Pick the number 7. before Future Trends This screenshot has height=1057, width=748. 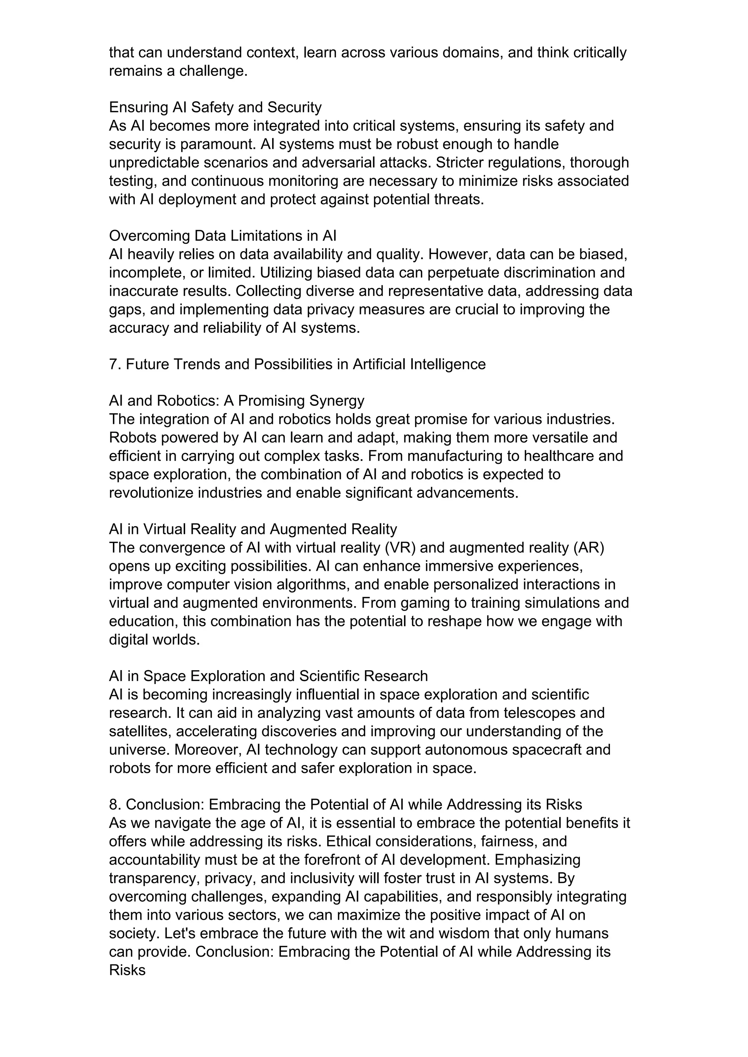(x=115, y=365)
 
